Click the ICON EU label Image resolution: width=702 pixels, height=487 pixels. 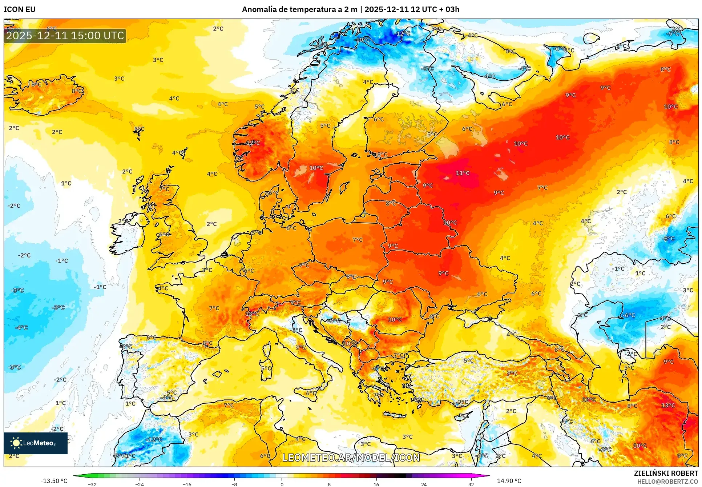(x=20, y=9)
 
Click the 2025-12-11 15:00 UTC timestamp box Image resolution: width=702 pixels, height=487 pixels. (x=65, y=36)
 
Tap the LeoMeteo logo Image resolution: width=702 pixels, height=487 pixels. (x=36, y=443)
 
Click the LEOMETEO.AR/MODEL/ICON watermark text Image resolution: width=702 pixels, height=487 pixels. (x=351, y=458)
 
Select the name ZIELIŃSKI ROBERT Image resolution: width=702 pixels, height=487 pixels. (x=666, y=473)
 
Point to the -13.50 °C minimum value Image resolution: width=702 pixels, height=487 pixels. (x=54, y=481)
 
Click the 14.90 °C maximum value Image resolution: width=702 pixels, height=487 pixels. (x=509, y=481)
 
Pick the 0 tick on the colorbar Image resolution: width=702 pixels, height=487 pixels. (x=282, y=484)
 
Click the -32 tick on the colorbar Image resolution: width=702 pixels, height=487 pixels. (x=92, y=484)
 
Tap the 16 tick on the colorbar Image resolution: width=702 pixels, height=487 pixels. (x=376, y=484)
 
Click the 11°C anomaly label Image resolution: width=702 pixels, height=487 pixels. (x=463, y=173)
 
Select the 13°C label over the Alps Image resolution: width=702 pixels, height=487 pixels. (x=252, y=314)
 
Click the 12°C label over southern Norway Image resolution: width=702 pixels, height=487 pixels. (x=253, y=143)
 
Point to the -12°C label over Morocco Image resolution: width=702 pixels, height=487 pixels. (x=154, y=439)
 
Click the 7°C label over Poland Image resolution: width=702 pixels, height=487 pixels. (x=358, y=240)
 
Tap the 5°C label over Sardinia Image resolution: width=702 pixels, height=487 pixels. (x=266, y=368)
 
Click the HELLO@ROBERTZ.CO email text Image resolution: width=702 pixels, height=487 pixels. (x=667, y=482)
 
